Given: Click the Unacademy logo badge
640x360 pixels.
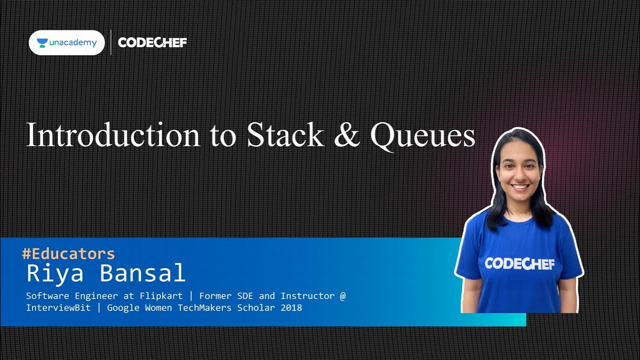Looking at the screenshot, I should (x=66, y=42).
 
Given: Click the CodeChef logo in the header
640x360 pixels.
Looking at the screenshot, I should (x=152, y=42).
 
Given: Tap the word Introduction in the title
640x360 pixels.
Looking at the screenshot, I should (x=113, y=135).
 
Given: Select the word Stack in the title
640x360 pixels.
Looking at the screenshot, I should (x=285, y=135).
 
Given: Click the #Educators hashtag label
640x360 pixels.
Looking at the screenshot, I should (x=68, y=253).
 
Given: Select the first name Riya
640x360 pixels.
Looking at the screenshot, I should (x=54, y=273).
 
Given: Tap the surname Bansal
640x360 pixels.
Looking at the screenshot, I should (x=142, y=273).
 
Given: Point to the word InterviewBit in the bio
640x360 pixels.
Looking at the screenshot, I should (x=58, y=307).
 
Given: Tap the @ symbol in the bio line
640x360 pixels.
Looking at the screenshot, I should (x=342, y=296).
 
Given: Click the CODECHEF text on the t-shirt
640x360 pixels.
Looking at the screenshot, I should (x=519, y=263).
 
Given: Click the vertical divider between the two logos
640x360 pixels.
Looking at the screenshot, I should (x=110, y=42).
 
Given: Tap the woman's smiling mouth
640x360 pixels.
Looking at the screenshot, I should (x=520, y=187).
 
